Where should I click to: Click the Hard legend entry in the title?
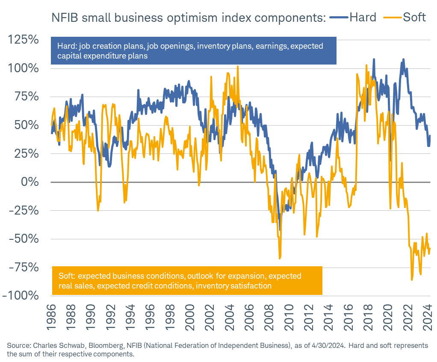click(x=363, y=18)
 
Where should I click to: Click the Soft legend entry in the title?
click(x=414, y=18)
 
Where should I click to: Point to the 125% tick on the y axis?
click(x=24, y=40)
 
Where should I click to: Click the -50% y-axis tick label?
click(x=24, y=238)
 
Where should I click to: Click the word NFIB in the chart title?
click(x=64, y=18)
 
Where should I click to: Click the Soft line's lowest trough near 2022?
click(x=412, y=280)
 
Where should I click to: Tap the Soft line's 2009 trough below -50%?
click(x=280, y=258)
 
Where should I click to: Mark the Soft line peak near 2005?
click(x=238, y=67)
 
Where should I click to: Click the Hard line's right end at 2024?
click(x=430, y=136)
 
